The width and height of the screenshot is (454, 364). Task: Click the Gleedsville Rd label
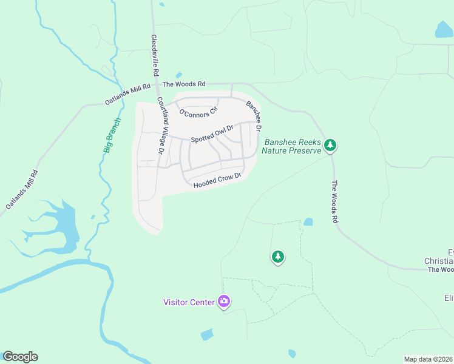click(x=155, y=55)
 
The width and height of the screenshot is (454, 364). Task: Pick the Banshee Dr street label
click(x=254, y=116)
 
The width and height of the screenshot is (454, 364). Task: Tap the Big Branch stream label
click(x=111, y=135)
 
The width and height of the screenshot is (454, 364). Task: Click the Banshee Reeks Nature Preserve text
click(x=291, y=146)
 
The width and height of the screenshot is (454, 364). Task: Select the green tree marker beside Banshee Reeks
click(x=330, y=144)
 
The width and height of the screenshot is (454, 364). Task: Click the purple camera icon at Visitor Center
click(x=224, y=301)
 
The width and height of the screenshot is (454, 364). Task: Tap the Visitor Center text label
click(x=189, y=302)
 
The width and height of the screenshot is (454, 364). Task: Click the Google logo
click(x=20, y=357)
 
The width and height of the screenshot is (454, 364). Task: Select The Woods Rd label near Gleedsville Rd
click(x=184, y=84)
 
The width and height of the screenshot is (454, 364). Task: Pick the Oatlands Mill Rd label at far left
click(x=22, y=190)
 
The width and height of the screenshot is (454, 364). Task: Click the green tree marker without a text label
click(x=278, y=257)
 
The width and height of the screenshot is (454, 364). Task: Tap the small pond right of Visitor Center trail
click(x=308, y=222)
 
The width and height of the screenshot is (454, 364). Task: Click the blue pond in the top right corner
click(x=444, y=29)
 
